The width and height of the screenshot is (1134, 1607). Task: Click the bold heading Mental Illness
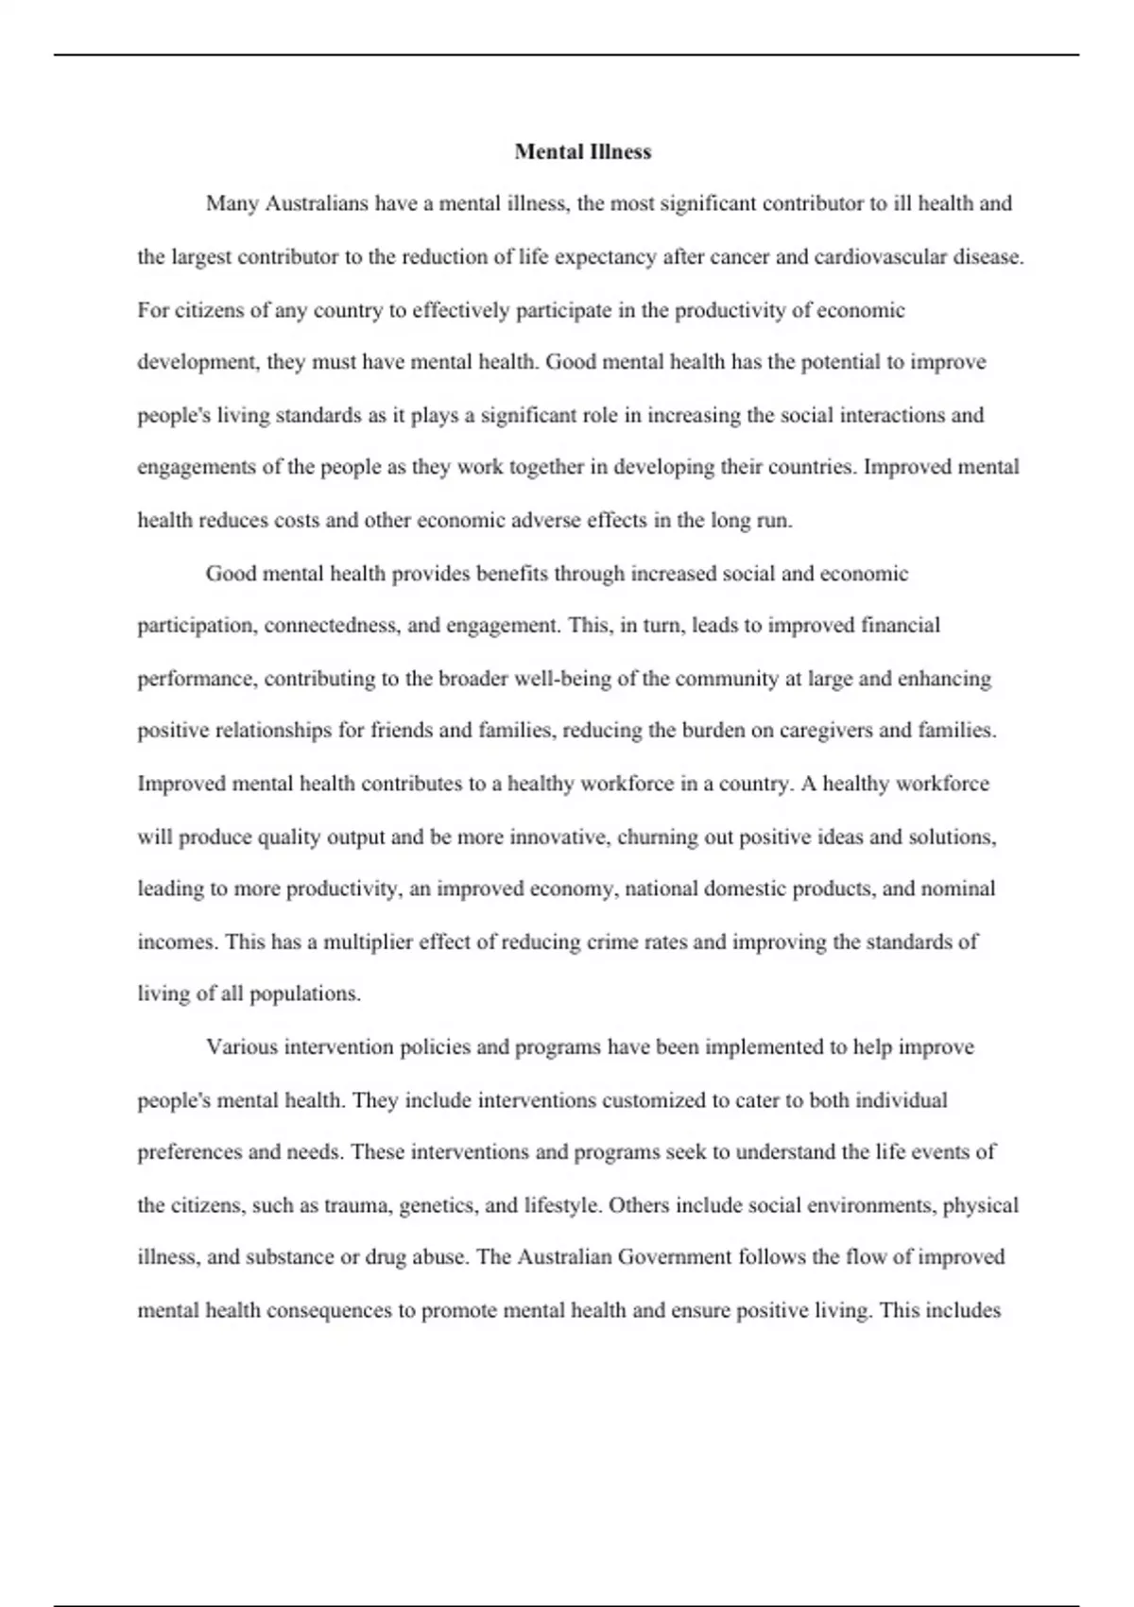click(x=582, y=151)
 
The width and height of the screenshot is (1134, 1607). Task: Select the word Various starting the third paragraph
click(x=241, y=1047)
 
